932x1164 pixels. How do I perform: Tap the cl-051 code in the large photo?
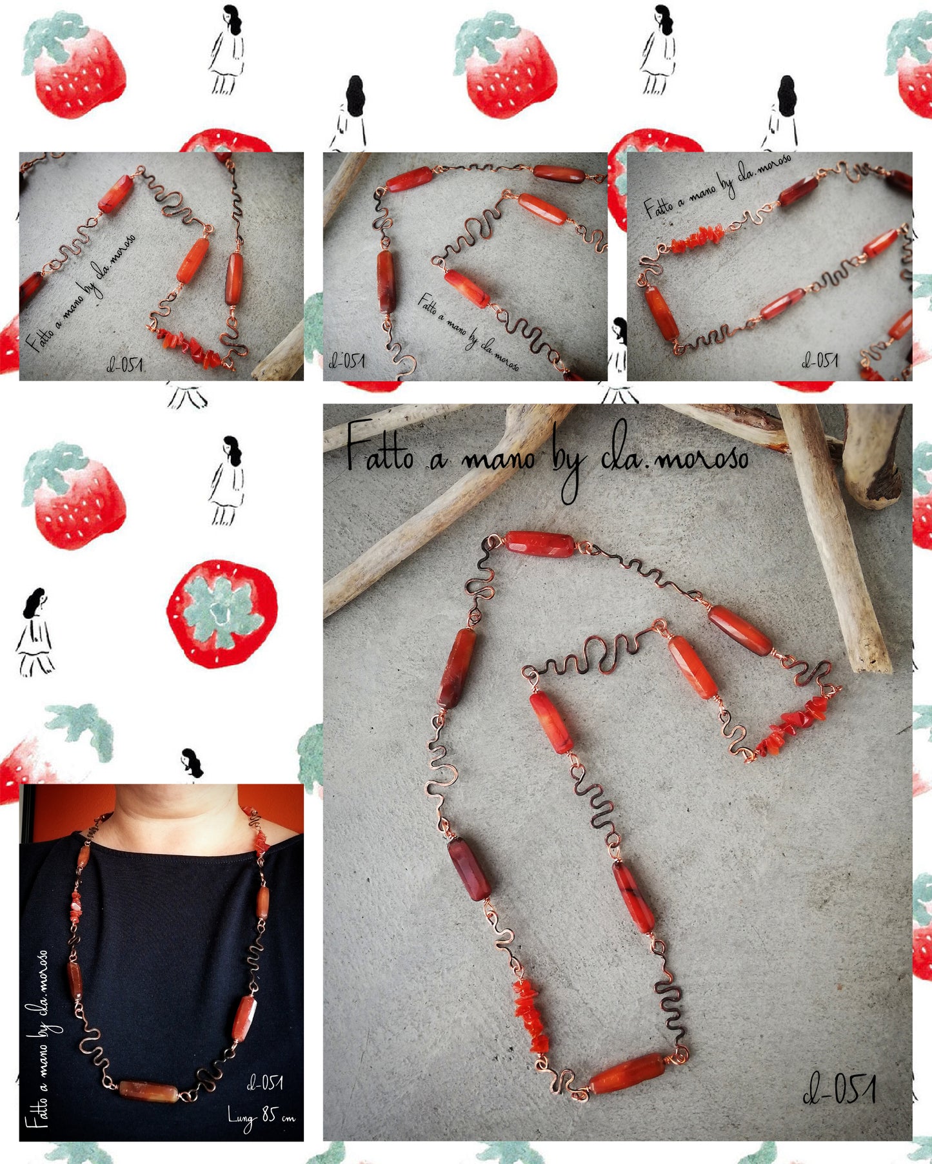(x=839, y=1089)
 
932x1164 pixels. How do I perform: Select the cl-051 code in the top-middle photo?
(x=347, y=360)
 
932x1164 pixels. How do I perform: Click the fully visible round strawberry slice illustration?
(x=223, y=613)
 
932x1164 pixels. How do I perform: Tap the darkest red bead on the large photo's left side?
(x=470, y=868)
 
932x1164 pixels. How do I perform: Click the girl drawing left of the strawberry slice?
(x=35, y=632)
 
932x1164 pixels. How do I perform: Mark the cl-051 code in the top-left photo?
(x=124, y=365)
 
